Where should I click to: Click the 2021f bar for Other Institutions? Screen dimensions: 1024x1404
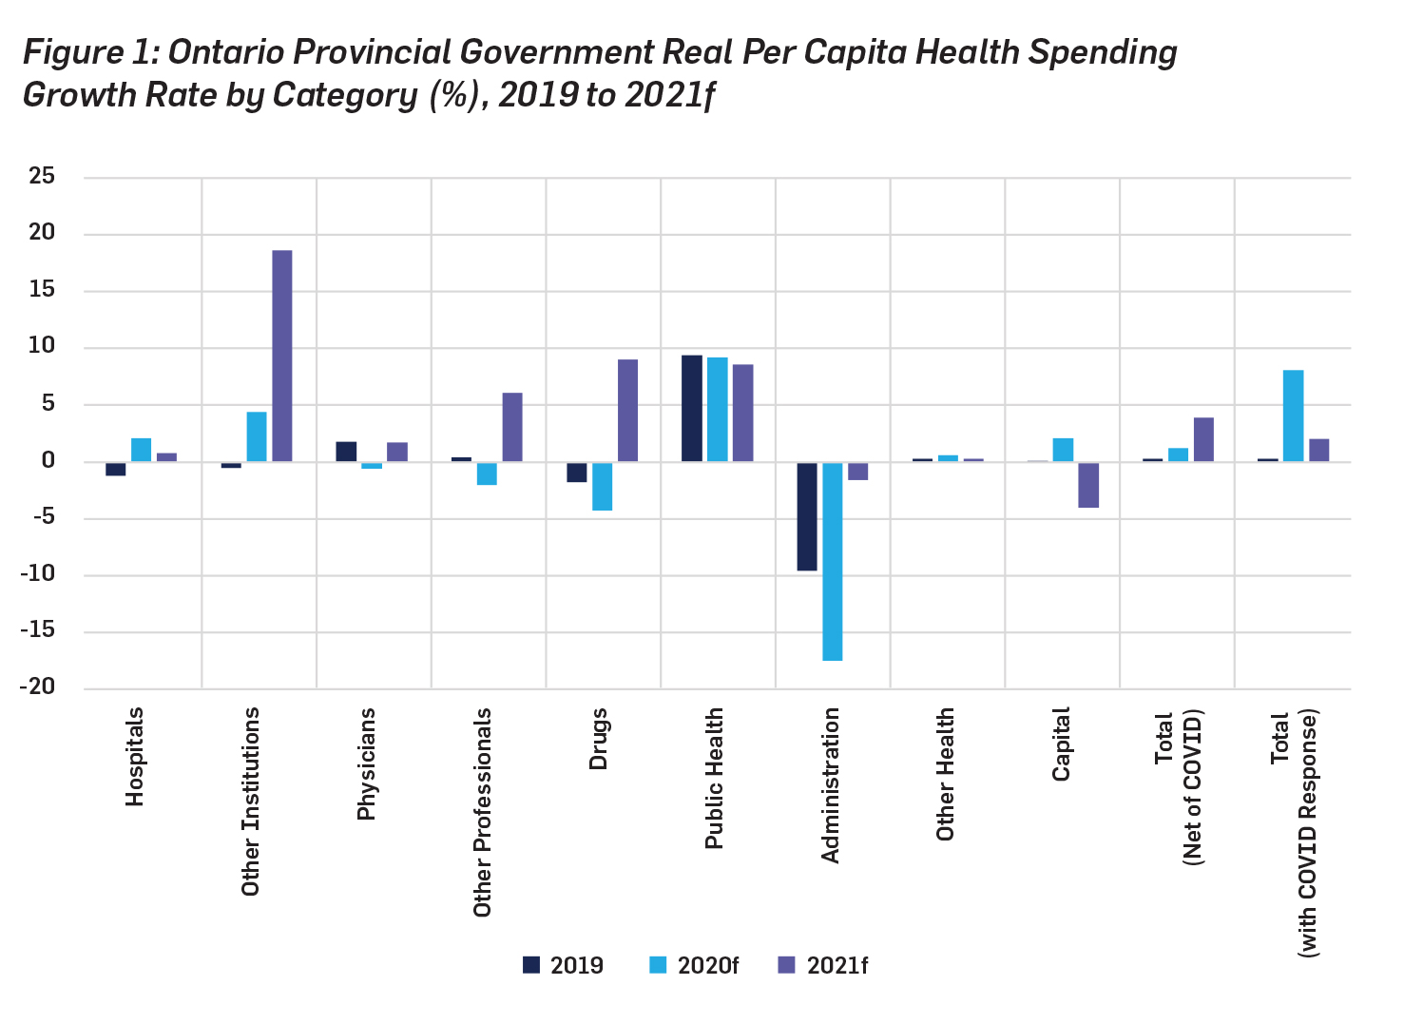point(282,356)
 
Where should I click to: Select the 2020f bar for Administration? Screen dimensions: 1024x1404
point(833,561)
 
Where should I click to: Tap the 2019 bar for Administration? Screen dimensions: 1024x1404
point(807,516)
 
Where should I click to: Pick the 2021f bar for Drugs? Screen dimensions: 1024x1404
point(627,411)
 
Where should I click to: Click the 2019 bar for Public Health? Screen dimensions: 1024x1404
point(692,409)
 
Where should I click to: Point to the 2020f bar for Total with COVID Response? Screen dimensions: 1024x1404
point(1293,415)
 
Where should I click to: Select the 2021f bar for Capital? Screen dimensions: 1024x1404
point(1088,485)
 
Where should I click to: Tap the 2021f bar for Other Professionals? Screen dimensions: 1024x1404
point(512,427)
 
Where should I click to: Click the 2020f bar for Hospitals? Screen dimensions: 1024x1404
point(142,450)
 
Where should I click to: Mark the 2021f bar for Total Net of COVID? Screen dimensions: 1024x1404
point(1203,439)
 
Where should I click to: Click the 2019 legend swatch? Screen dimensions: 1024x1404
point(531,965)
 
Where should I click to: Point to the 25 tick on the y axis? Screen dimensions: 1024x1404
point(42,177)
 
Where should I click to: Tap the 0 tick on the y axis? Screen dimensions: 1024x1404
point(48,461)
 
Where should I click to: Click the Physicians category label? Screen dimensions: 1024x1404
point(366,763)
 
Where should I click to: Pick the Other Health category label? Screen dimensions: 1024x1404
point(945,774)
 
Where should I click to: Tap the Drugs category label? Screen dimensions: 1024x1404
point(598,739)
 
